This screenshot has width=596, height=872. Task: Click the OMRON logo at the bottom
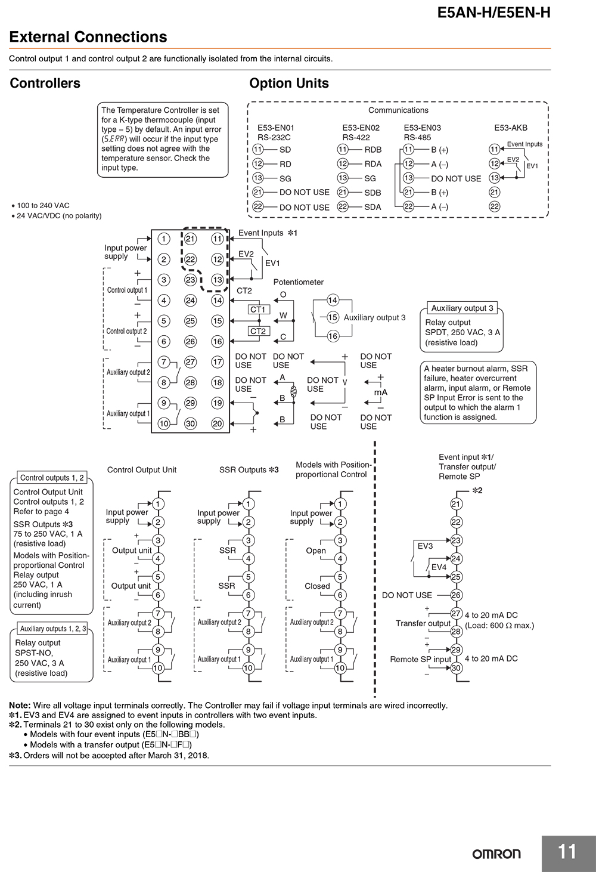(x=496, y=854)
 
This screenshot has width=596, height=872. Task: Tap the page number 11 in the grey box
(x=567, y=851)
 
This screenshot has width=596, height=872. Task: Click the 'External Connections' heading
(x=88, y=36)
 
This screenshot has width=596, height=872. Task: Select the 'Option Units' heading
(x=289, y=83)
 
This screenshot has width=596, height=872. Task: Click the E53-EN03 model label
(x=423, y=128)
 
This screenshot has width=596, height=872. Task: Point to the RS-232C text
(x=274, y=137)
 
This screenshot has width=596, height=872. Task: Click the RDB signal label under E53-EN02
(x=373, y=150)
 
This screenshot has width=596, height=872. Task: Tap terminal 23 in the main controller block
(x=190, y=280)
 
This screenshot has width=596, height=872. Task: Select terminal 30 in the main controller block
(x=190, y=423)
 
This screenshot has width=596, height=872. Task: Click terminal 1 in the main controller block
(x=164, y=239)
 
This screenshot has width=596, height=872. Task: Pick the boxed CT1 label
(x=258, y=310)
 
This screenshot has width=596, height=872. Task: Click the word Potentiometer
(x=299, y=282)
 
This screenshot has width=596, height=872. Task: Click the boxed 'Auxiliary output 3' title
(x=462, y=308)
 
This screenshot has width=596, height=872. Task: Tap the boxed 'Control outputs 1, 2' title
(x=52, y=478)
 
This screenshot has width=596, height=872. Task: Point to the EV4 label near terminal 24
(x=439, y=567)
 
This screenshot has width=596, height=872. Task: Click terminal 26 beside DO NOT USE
(x=456, y=595)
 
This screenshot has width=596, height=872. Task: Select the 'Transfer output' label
(x=423, y=623)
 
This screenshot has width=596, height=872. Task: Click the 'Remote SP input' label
(x=421, y=659)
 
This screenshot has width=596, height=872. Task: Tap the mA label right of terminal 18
(x=380, y=392)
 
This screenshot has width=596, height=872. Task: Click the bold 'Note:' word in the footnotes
(x=20, y=706)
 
